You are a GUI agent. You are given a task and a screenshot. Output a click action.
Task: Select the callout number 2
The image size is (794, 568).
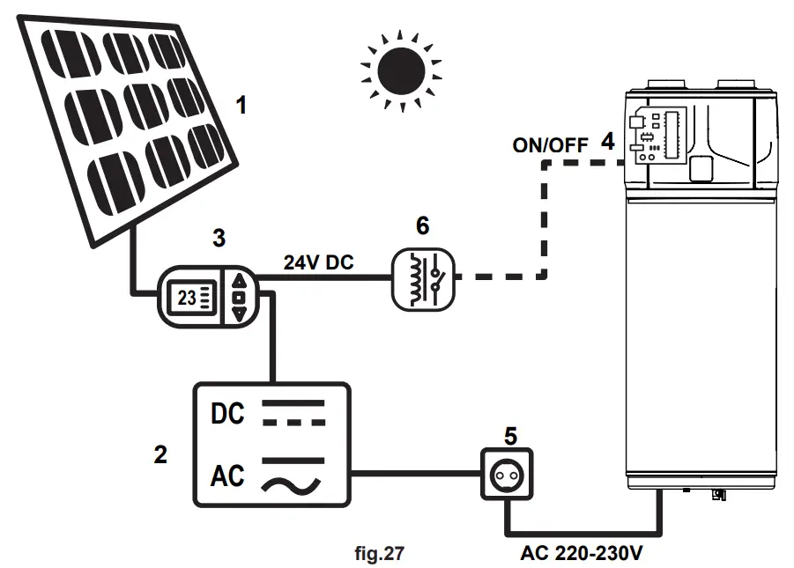point(160,454)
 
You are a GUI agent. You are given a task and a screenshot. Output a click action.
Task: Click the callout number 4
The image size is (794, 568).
point(607,140)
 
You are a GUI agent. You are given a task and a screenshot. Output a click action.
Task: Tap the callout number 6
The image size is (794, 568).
point(423,226)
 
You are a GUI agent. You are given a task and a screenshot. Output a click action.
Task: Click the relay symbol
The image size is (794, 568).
point(423,278)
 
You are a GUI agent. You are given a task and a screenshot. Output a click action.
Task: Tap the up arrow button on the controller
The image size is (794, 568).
point(239,282)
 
